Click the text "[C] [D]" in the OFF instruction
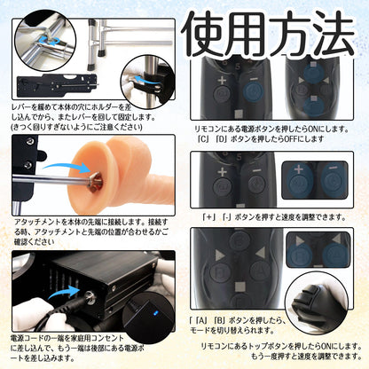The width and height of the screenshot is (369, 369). [218, 141]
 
